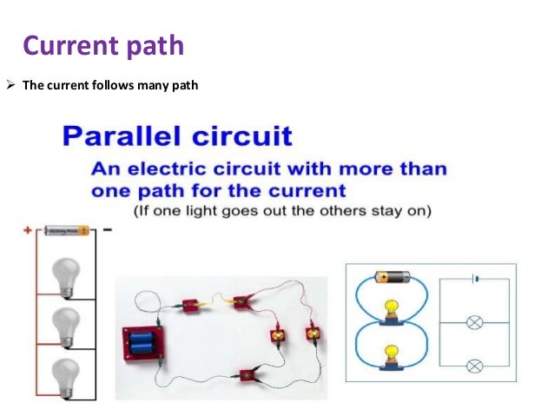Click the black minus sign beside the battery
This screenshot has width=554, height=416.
tap(107, 231)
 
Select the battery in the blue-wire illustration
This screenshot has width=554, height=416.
tap(392, 277)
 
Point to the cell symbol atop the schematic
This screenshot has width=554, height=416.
tap(474, 279)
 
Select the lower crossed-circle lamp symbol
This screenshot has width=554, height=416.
tap(474, 364)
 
